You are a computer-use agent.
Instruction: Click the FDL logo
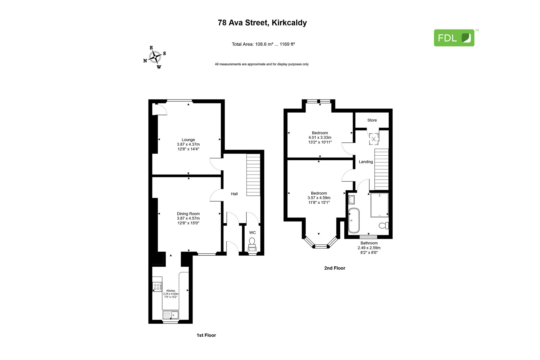pos(454,38)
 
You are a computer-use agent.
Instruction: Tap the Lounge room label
pos(188,140)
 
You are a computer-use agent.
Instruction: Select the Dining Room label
pos(188,214)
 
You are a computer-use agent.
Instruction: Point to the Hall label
pos(234,194)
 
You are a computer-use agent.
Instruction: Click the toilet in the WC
pos(252,241)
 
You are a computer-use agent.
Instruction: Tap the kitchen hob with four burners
pos(157,287)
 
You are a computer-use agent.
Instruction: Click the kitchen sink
pos(171,315)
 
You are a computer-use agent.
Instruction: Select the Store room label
pos(372,120)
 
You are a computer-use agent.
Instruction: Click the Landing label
pos(366,162)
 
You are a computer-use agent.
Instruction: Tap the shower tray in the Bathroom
pos(380,205)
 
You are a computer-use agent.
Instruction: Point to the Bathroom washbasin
pos(351,200)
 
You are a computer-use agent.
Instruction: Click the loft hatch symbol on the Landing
pos(374,139)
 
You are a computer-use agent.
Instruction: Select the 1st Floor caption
pos(206,335)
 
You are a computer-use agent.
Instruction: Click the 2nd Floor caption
pos(335,268)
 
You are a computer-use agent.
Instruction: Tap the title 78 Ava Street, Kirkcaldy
pos(262,23)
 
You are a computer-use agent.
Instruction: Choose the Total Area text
pos(263,44)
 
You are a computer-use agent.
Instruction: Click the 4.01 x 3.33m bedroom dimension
pos(320,137)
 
